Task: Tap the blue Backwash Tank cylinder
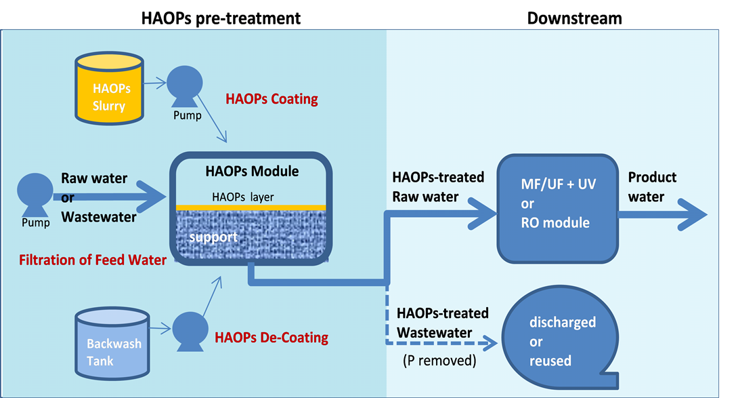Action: point(114,343)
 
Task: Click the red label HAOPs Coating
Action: point(272,99)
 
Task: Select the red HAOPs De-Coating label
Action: point(272,336)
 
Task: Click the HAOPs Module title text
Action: point(252,172)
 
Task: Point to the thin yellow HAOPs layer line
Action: point(251,207)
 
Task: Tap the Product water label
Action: point(652,186)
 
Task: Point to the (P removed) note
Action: point(439,361)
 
